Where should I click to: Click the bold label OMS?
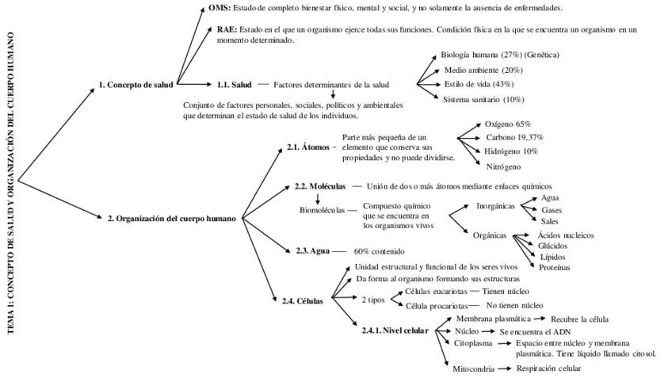[220, 8]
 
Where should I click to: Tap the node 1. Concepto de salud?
[136, 84]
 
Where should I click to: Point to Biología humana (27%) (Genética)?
[500, 55]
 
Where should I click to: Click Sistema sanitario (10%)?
[483, 99]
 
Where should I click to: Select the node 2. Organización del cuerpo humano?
[171, 217]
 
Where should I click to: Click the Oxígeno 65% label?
[508, 124]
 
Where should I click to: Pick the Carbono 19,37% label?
[514, 137]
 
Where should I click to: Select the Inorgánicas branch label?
[495, 205]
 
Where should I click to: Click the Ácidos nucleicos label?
[565, 235]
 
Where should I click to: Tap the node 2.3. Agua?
[312, 250]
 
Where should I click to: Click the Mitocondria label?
[474, 368]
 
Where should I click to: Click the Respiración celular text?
[548, 368]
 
